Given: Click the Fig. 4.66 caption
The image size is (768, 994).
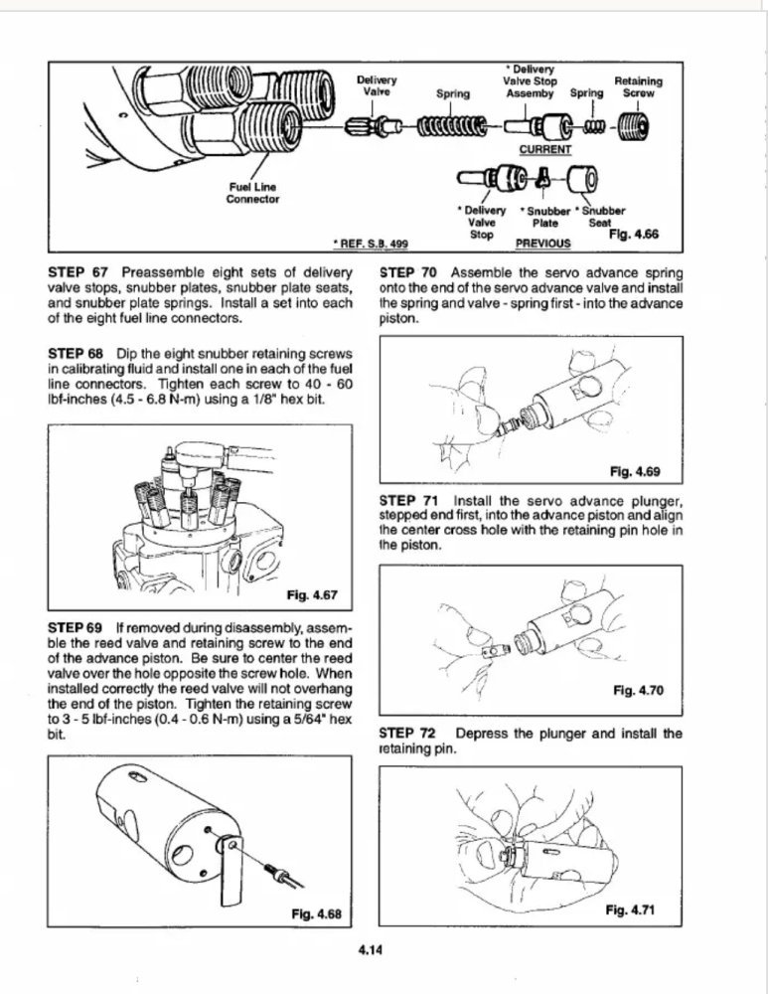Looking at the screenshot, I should click(633, 236).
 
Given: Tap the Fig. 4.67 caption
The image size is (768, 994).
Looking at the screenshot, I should click(312, 596).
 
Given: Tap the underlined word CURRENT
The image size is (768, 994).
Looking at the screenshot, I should click(546, 150).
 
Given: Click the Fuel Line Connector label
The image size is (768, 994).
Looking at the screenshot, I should click(253, 192).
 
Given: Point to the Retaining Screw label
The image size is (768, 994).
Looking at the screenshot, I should click(639, 86).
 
